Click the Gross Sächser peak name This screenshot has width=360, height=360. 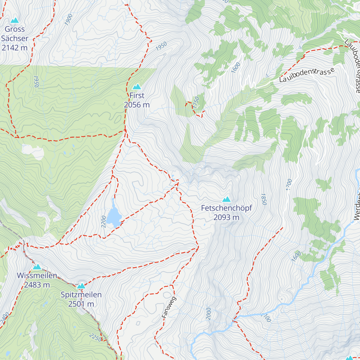click(15, 34)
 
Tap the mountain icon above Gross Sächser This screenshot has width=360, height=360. click(14, 20)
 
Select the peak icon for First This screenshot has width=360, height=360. click(137, 87)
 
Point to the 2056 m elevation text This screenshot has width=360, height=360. click(137, 105)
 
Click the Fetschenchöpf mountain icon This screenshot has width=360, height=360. click(226, 199)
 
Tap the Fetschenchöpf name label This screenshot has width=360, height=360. click(226, 208)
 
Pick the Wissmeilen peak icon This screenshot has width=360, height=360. click(37, 267)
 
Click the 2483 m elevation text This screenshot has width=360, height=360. click(37, 285)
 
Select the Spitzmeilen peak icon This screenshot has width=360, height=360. click(81, 286)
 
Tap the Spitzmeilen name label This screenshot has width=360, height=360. click(81, 295)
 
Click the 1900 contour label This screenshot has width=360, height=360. click(68, 19)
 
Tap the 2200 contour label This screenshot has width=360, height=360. click(104, 221)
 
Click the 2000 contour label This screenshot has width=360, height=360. click(208, 314)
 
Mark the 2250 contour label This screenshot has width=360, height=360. click(95, 338)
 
